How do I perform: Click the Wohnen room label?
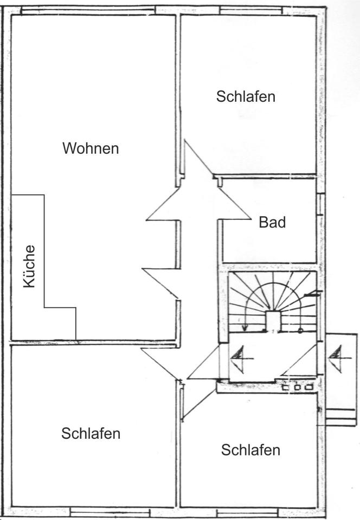91,148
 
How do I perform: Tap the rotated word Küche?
30,266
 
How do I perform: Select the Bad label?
272,222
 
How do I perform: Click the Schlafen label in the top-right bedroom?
246,97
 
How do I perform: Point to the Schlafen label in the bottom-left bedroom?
91,433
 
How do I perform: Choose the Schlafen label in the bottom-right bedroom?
250,450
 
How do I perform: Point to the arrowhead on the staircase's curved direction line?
245,327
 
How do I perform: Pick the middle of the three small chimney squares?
298,387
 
